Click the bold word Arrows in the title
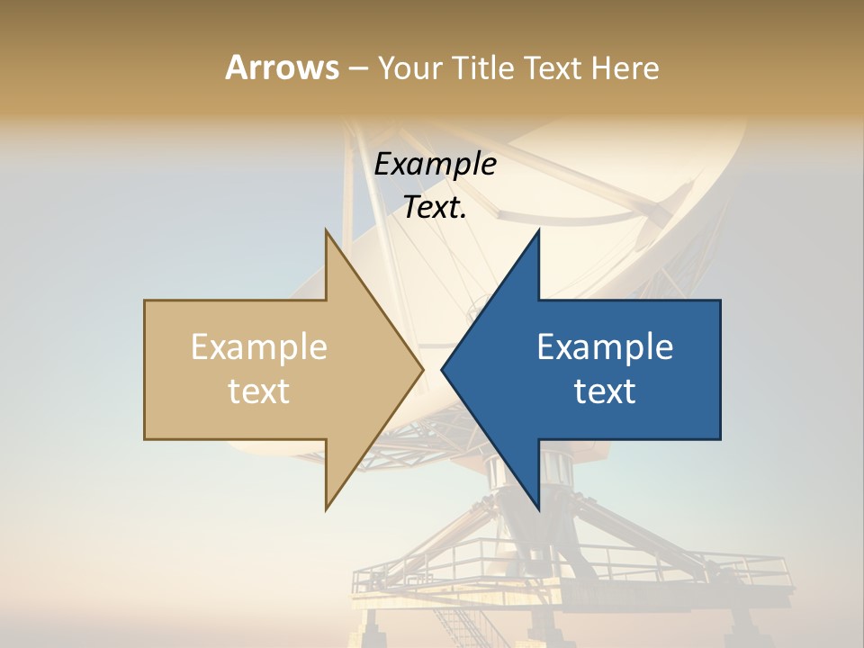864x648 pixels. [x=282, y=67]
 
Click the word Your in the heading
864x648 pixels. [x=407, y=68]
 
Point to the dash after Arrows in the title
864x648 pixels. [x=357, y=68]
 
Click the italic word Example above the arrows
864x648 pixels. [x=436, y=165]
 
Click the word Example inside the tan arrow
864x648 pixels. [x=259, y=347]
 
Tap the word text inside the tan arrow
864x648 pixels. [x=259, y=391]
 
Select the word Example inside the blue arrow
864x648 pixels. [x=605, y=347]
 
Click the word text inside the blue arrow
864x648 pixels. [x=605, y=391]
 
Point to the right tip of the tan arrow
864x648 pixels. [x=423, y=369]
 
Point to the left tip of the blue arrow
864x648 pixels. [x=442, y=369]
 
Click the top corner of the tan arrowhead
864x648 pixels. [x=326, y=229]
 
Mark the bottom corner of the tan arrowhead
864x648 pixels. [x=326, y=509]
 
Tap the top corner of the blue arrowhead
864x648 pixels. [x=539, y=229]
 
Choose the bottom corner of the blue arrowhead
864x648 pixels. [x=539, y=509]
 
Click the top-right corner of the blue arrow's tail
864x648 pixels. [x=720, y=301]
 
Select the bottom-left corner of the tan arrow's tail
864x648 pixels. [x=145, y=439]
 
